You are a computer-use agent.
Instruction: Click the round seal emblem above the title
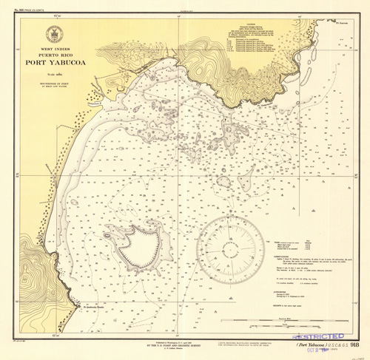pyautogui.click(x=53, y=33)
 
